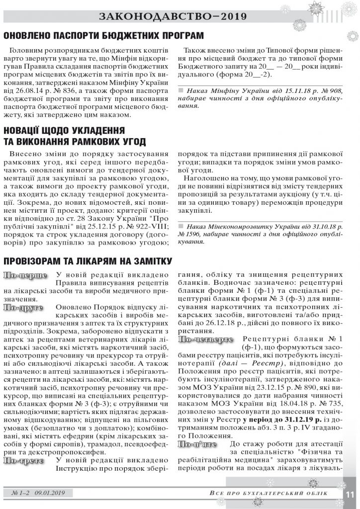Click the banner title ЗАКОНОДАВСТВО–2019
click(180, 16)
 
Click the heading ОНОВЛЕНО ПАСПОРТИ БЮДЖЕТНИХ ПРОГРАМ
click(103, 36)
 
